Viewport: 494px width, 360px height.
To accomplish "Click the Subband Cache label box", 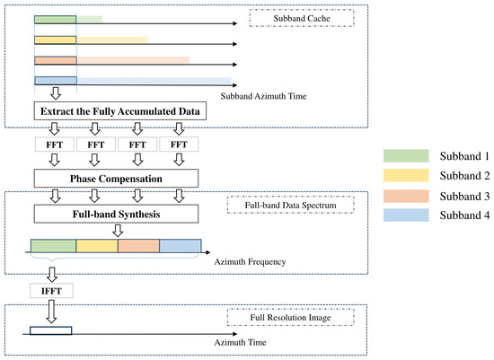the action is coord(302,18).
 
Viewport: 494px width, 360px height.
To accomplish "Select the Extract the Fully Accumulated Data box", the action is coord(120,110).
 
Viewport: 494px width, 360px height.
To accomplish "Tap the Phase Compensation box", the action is coord(116,179).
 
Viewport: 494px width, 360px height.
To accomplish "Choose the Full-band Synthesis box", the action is coord(116,214).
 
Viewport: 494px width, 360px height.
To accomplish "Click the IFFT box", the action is coord(51,290).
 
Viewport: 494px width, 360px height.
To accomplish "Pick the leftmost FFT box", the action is coord(55,145).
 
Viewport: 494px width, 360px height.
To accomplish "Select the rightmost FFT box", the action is coord(179,145).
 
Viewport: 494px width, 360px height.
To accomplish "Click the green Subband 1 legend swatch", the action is coord(406,156).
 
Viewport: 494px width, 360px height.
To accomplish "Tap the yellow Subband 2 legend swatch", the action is coord(406,175).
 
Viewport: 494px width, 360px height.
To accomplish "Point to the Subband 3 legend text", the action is coord(464,197).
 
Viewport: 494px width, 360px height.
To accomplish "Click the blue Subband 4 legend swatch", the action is coord(406,215).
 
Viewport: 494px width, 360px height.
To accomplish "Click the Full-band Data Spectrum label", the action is coord(290,205).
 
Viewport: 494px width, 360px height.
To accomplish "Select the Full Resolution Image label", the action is coord(290,317).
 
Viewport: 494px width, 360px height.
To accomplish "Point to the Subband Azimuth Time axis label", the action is coord(263,96).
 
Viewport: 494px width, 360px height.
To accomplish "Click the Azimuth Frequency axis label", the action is coord(251,262).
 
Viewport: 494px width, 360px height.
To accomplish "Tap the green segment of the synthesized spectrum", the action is coord(54,246).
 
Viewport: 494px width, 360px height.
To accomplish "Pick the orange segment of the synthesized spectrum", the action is coord(138,246).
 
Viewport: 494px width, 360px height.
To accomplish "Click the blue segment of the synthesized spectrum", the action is coord(181,246).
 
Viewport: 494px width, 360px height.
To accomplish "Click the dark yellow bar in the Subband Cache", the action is coord(56,40).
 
